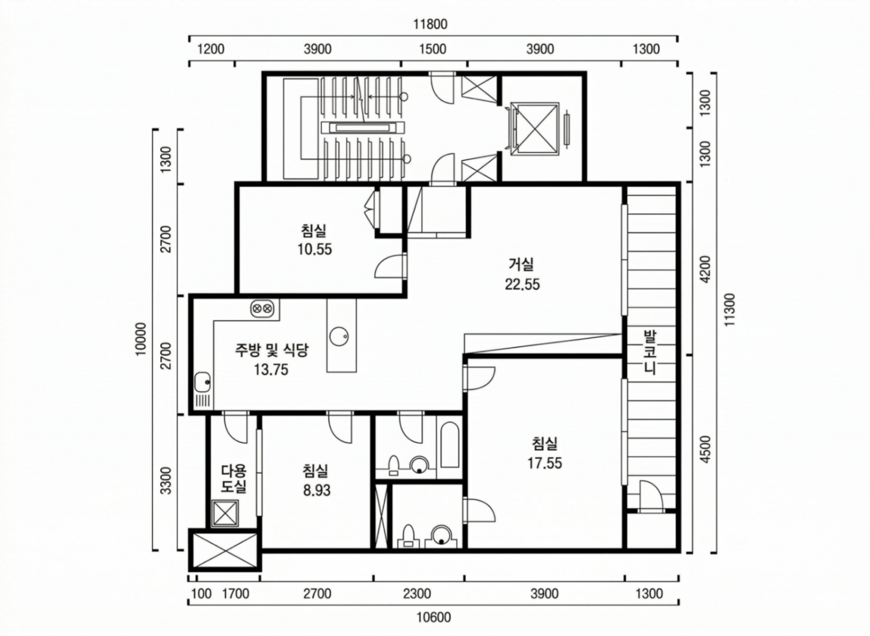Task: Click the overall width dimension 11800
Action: coord(430,24)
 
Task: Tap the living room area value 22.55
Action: coord(522,284)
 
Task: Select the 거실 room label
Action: coord(521,264)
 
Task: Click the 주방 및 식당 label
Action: coord(271,350)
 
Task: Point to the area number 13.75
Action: coord(271,370)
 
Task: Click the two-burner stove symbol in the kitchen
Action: coord(262,309)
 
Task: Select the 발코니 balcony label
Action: coord(650,353)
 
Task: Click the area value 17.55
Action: coord(544,463)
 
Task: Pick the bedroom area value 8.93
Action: coord(316,490)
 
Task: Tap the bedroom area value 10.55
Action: coord(314,249)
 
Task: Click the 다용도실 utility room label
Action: coord(233,479)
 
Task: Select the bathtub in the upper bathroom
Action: coord(450,444)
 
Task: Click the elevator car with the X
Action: coord(535,128)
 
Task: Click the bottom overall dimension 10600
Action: coord(432,617)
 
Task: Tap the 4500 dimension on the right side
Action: coord(706,449)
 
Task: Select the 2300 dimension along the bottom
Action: coord(417,594)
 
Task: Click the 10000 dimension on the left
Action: coord(141,339)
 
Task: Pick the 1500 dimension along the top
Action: coord(433,49)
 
